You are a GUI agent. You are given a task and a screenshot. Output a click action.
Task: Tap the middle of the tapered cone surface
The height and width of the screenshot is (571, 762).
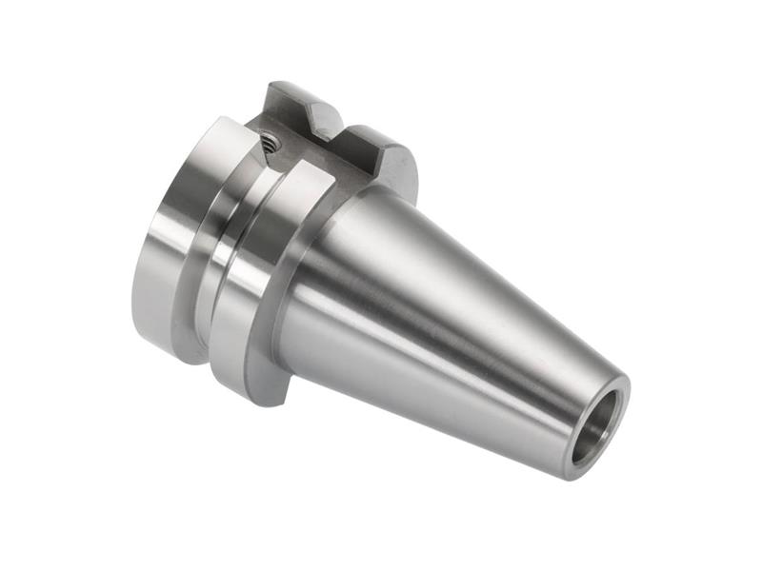pyautogui.click(x=448, y=314)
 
